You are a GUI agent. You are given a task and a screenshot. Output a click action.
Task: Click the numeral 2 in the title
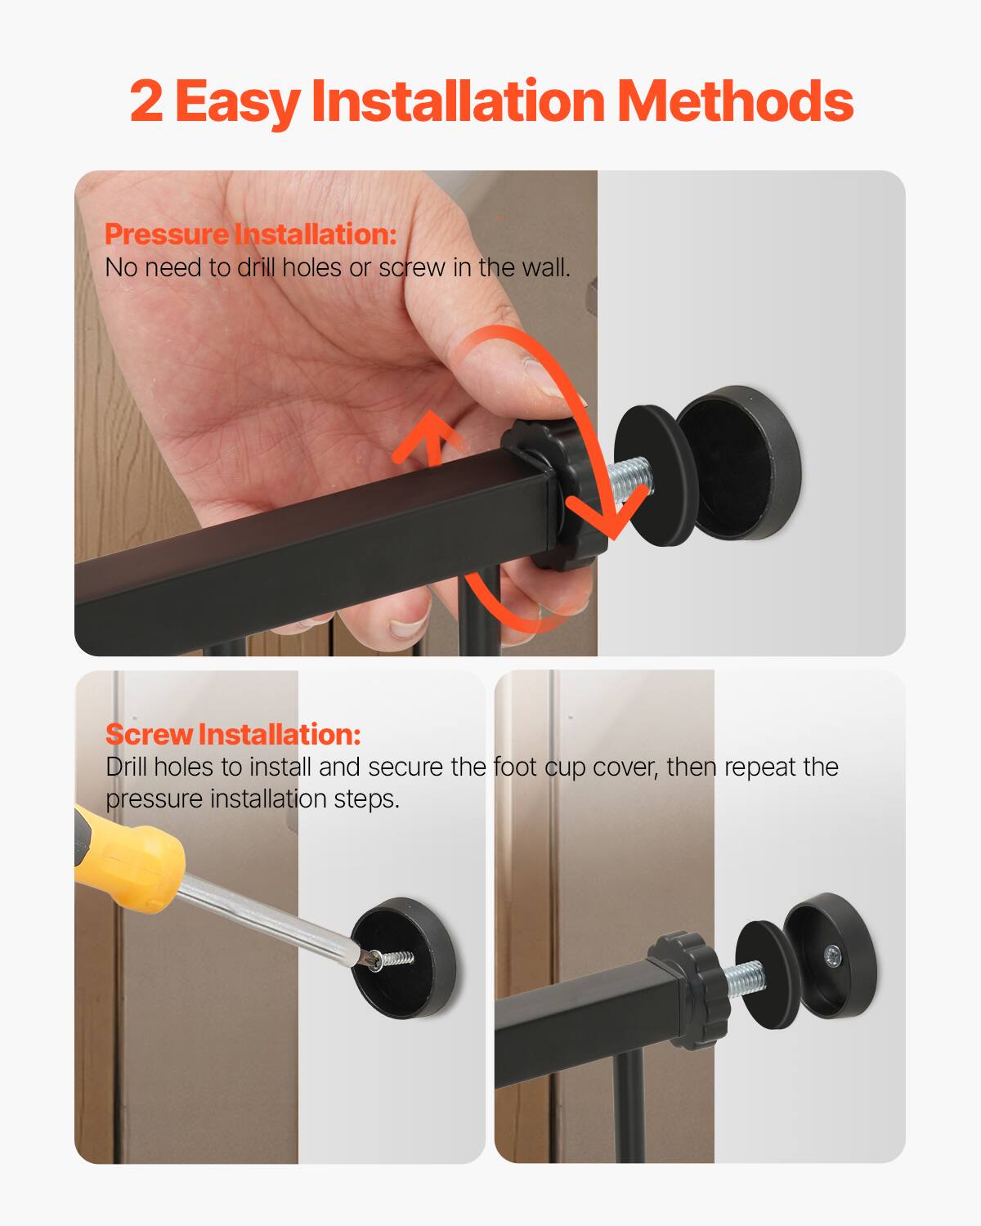(x=147, y=101)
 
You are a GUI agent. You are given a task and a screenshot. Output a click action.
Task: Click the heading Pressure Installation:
(x=250, y=235)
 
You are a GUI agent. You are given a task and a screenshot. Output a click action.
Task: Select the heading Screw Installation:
(x=232, y=734)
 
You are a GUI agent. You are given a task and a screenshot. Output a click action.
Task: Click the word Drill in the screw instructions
(x=126, y=767)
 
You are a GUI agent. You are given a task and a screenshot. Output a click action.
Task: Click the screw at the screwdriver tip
(x=392, y=958)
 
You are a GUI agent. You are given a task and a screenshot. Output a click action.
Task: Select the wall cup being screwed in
(x=407, y=956)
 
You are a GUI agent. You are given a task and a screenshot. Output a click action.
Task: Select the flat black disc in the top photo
(x=654, y=474)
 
